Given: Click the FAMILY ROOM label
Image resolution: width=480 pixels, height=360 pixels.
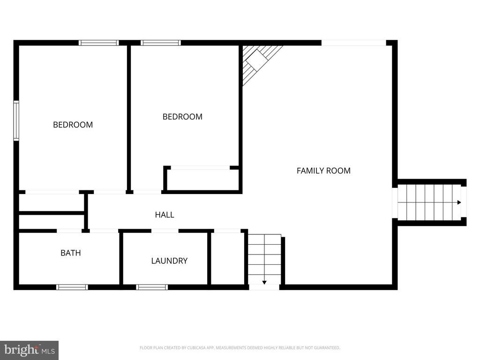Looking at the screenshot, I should pyautogui.click(x=323, y=171).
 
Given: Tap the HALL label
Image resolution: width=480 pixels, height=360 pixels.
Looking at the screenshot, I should pyautogui.click(x=165, y=215).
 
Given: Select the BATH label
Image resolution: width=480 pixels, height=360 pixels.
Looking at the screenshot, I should pyautogui.click(x=70, y=253).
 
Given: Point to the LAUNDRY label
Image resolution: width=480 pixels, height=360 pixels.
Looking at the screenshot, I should pyautogui.click(x=169, y=261).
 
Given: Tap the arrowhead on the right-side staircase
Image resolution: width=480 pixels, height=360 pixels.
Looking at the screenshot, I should pyautogui.click(x=459, y=202).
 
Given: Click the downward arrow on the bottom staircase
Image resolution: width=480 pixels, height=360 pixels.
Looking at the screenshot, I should pyautogui.click(x=264, y=282).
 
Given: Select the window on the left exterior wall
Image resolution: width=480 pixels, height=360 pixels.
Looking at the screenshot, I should pyautogui.click(x=16, y=120).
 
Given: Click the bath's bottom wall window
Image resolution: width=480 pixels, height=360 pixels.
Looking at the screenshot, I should pyautogui.click(x=72, y=287).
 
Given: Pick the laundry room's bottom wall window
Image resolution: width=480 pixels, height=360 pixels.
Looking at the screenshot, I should pyautogui.click(x=152, y=287).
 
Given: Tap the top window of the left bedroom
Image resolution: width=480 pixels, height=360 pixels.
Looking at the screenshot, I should pyautogui.click(x=98, y=43).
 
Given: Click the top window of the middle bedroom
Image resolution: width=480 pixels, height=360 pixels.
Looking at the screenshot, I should pyautogui.click(x=161, y=43).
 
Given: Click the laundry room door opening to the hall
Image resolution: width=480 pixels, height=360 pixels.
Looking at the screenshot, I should pyautogui.click(x=165, y=231).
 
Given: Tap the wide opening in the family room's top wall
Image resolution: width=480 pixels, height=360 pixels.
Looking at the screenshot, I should pyautogui.click(x=353, y=43).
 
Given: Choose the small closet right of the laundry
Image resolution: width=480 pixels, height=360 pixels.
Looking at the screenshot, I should pyautogui.click(x=227, y=258).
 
